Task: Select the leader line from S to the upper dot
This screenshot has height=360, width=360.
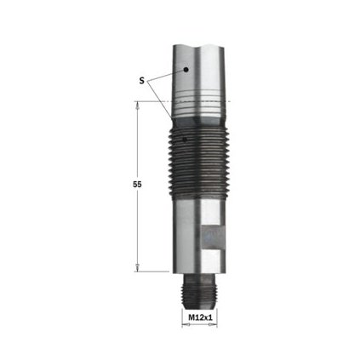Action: [167, 76]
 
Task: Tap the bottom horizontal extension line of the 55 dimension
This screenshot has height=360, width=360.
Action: [157, 271]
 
